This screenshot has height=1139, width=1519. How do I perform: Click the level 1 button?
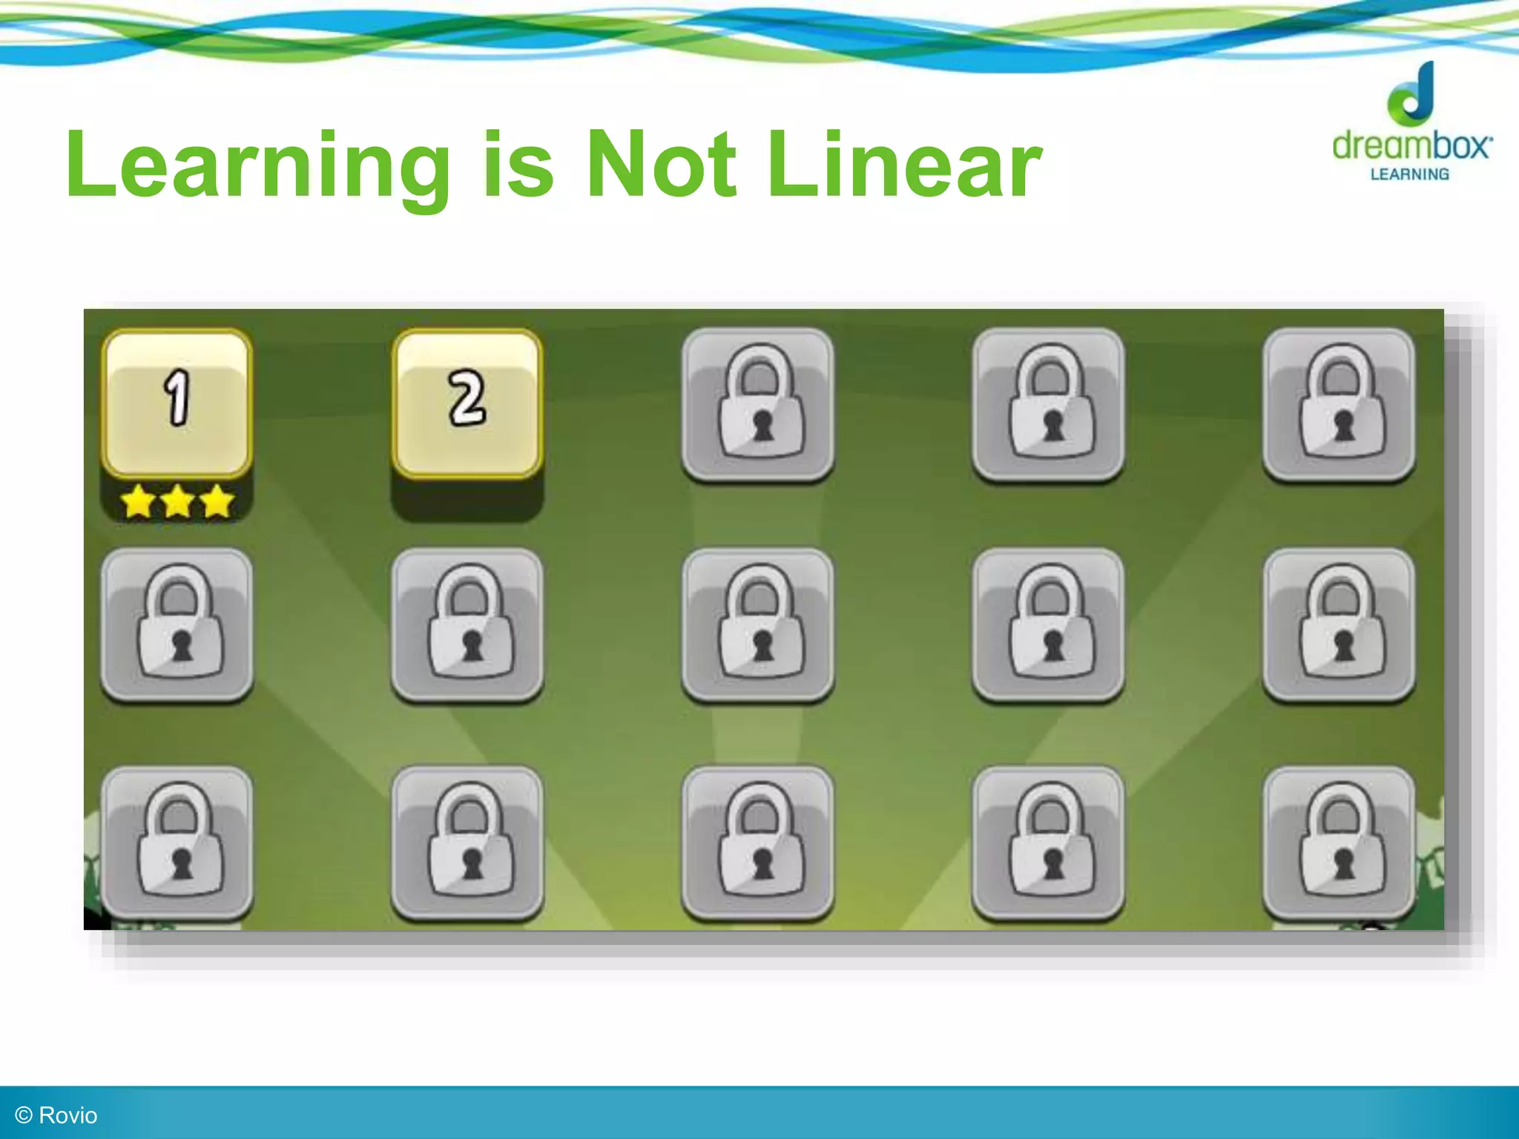pos(177,403)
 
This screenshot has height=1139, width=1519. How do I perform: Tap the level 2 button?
pos(467,403)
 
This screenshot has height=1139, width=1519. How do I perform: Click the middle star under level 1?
pos(177,502)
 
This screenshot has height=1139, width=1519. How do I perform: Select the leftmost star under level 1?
pos(138,502)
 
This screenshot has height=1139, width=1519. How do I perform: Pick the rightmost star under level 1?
pos(217,502)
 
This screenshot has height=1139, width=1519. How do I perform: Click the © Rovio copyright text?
pos(56,1115)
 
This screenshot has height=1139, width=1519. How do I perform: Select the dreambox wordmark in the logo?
pos(1411,145)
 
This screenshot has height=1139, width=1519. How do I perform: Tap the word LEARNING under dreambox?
pos(1409,175)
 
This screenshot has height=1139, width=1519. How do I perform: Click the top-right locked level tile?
pos(1340,405)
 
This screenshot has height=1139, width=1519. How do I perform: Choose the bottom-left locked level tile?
pos(177,843)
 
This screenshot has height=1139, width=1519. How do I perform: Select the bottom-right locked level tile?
pos(1340,843)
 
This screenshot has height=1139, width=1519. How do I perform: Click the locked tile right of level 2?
pos(758,405)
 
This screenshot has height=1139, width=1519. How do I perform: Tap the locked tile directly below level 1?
pos(177,624)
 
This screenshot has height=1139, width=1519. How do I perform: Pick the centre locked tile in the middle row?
pos(758,624)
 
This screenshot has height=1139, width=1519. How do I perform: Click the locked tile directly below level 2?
pos(467,624)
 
